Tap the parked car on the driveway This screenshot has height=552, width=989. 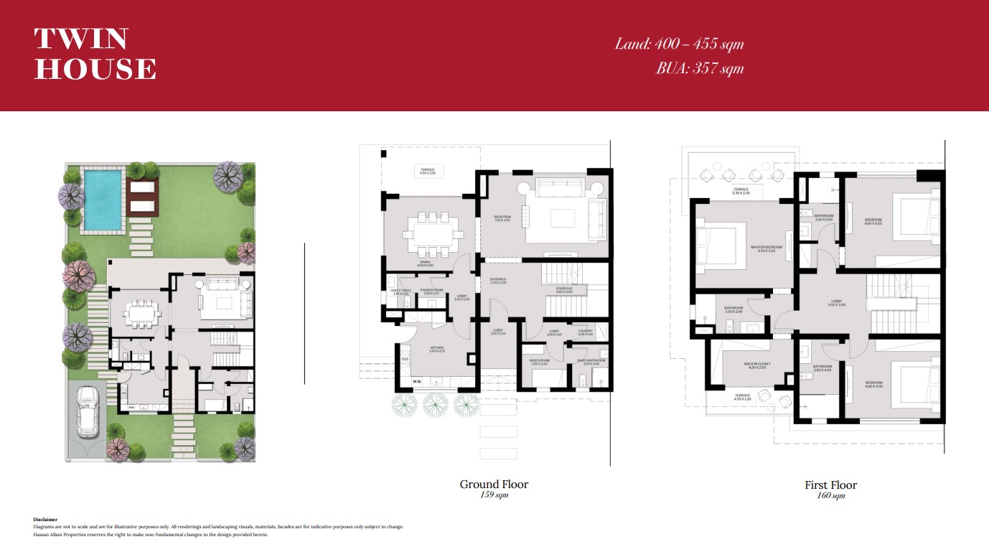tap(87, 412)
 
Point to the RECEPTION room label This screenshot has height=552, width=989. tap(502, 218)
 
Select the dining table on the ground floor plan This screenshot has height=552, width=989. tap(433, 233)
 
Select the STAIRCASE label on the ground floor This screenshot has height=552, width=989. tap(563, 290)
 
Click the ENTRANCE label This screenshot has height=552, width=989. tap(498, 281)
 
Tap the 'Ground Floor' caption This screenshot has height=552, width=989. tap(494, 485)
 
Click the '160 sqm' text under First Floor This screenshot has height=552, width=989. tap(830, 496)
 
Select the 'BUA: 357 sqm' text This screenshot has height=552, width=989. tap(699, 69)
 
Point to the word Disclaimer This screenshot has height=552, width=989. tap(45, 519)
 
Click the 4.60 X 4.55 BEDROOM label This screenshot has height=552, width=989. tap(873, 222)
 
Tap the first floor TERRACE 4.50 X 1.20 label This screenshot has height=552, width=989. tap(742, 397)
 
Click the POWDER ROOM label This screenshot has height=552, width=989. tap(430, 291)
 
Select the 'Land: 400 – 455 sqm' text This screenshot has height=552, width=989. tap(678, 44)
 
